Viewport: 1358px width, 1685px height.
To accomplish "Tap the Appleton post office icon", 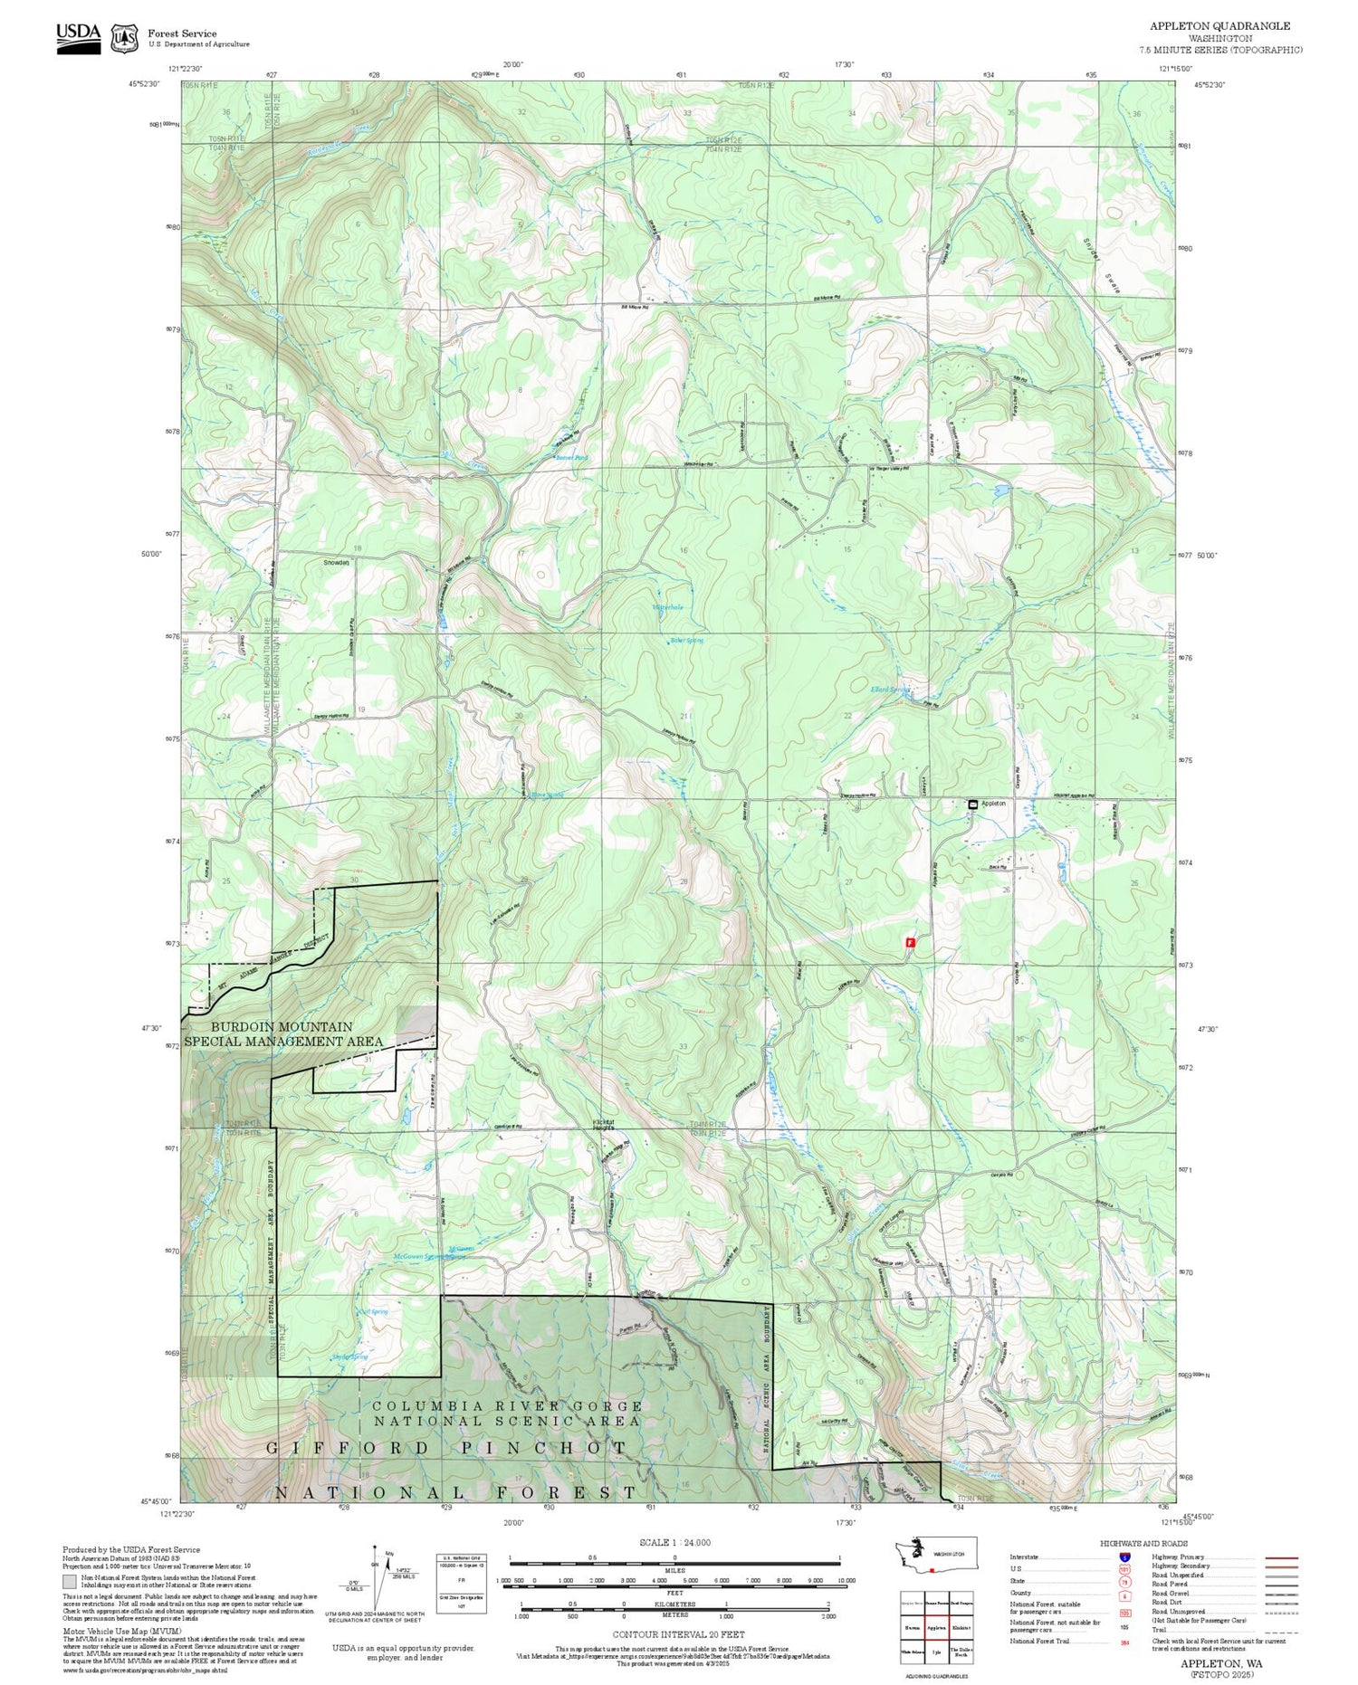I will tap(972, 804).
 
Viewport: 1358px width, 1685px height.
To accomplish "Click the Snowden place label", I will tap(336, 563).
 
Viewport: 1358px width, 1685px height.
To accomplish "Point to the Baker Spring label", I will tap(686, 641).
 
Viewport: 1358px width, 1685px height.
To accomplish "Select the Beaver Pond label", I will tap(571, 458).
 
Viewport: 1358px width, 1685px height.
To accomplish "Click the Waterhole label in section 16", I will tap(667, 607).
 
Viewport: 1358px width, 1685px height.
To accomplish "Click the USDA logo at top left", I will tap(79, 37).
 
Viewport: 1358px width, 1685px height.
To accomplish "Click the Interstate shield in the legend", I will tap(1124, 1556).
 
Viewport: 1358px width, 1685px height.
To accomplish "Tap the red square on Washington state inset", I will tap(931, 1570).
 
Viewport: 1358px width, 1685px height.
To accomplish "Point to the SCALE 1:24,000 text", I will tap(674, 1543).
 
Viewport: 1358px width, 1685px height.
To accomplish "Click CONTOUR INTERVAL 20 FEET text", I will tap(678, 1634).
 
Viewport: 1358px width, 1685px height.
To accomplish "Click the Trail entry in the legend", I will tap(1159, 1631).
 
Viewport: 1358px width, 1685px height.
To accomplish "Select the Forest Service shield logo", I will tap(124, 39).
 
